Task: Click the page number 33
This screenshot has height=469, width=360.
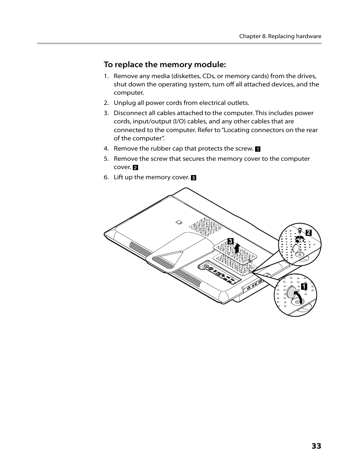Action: (316, 446)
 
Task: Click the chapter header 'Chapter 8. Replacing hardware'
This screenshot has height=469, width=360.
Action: (280, 37)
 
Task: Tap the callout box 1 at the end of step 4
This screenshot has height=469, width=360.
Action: (258, 149)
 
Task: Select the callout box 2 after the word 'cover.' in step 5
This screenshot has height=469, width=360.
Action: (135, 168)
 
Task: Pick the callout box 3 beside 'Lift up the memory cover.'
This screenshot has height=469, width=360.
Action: (194, 178)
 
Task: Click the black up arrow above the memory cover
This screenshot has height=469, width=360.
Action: (237, 248)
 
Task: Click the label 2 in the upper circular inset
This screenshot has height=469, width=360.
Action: (308, 233)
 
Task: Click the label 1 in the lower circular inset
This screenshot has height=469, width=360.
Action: (303, 287)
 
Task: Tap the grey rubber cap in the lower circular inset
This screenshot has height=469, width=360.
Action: (292, 292)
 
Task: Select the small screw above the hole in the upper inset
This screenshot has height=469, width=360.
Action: (299, 230)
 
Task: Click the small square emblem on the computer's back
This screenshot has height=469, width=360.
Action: (179, 222)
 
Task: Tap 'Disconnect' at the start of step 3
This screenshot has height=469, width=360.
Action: (130, 113)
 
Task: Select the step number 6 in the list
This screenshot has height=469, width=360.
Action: (106, 177)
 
